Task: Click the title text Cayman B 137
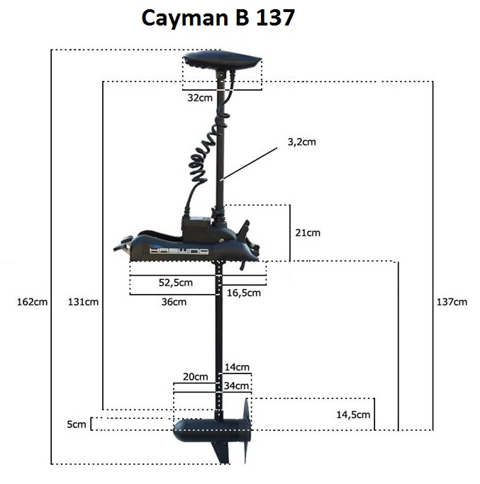point(218,18)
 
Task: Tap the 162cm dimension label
point(31,302)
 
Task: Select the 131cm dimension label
point(83,302)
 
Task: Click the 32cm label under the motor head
point(200,99)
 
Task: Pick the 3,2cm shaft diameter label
point(301,142)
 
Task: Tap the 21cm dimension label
point(307,232)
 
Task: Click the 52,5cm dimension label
point(175,283)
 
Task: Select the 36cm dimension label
point(174,302)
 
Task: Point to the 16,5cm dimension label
point(243,292)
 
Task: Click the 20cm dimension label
point(196,376)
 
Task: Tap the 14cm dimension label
point(236,367)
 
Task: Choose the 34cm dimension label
point(236,386)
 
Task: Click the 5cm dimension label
point(76,424)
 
